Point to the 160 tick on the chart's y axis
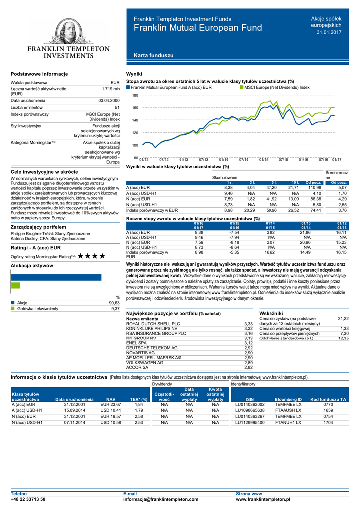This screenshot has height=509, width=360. click(135, 108)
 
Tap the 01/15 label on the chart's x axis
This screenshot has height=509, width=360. click(264, 159)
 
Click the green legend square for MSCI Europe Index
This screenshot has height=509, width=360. click(242, 87)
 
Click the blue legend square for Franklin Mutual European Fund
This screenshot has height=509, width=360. click(128, 87)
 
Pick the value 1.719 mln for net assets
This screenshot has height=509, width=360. click(110, 89)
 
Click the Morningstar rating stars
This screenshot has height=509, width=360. click(91, 256)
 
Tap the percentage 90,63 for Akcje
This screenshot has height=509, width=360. click(114, 303)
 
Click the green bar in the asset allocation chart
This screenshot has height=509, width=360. click(15, 286)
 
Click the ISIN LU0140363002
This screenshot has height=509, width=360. click(249, 405)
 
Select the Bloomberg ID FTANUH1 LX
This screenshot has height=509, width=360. click(288, 422)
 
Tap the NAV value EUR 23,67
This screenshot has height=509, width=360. click(110, 405)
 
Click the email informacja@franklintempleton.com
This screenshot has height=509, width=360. click(160, 499)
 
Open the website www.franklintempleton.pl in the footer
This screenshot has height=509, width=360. click(263, 499)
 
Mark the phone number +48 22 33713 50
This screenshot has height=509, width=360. click(28, 499)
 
